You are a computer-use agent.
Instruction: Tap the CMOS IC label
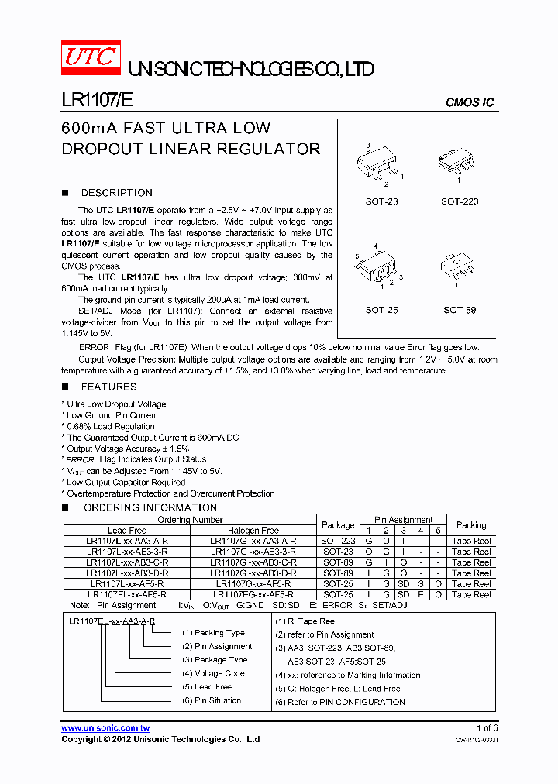click(x=469, y=102)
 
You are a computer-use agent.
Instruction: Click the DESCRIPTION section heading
click(x=116, y=193)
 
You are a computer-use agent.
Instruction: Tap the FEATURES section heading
click(x=108, y=387)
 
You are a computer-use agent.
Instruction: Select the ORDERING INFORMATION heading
click(x=150, y=507)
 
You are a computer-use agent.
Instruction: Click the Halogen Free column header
click(x=253, y=530)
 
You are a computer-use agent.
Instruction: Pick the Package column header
click(x=338, y=524)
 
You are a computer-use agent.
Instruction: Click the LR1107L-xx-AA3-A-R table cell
click(x=127, y=541)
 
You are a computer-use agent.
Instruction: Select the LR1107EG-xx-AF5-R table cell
click(x=253, y=594)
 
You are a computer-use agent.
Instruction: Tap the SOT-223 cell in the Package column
click(x=338, y=541)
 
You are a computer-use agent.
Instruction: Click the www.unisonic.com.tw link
click(x=105, y=728)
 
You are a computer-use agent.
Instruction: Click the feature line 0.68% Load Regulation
click(x=110, y=426)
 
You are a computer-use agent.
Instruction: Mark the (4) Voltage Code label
click(x=213, y=673)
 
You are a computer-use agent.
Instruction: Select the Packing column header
click(x=471, y=524)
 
